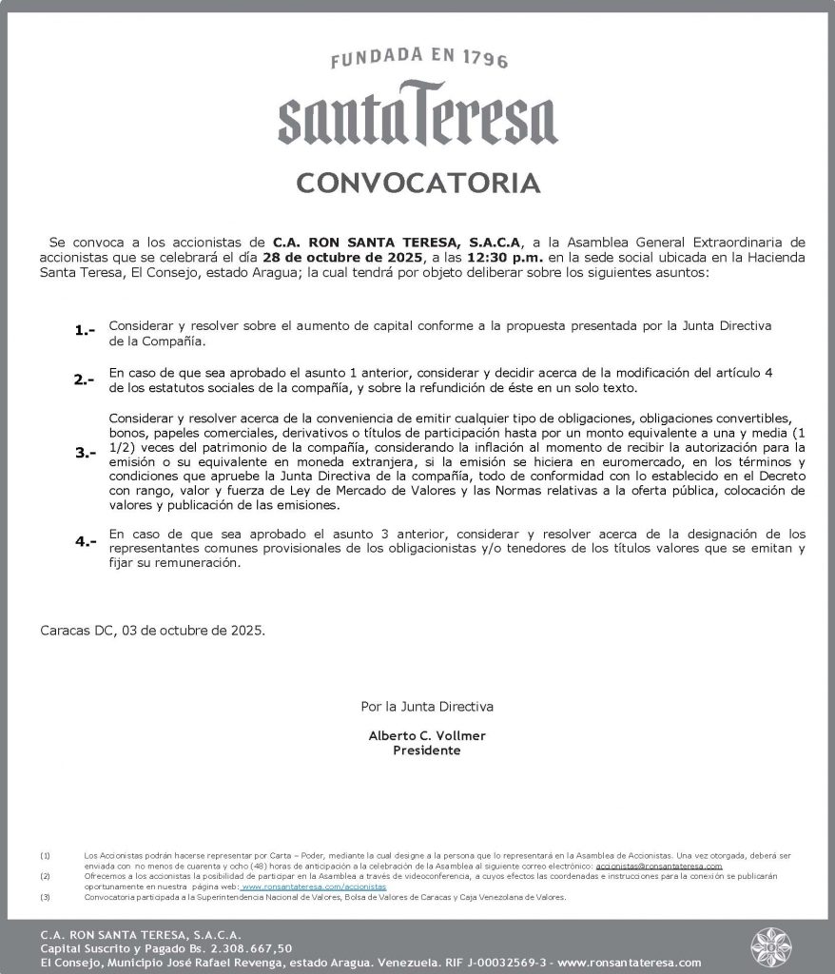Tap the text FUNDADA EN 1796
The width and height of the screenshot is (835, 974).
(x=418, y=60)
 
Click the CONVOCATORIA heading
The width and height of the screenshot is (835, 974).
(x=417, y=183)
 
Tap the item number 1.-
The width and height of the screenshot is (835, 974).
(x=86, y=331)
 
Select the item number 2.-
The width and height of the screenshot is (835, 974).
(x=86, y=380)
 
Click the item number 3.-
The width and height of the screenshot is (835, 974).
(x=86, y=454)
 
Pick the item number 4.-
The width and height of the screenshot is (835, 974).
(x=86, y=541)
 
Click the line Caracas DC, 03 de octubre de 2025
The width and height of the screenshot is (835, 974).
(x=152, y=630)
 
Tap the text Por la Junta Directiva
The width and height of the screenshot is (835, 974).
(x=427, y=707)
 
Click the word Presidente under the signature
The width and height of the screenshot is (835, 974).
(x=427, y=750)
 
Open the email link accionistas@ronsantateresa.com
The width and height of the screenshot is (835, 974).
(x=665, y=867)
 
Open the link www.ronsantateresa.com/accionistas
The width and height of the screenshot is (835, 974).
(x=314, y=886)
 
